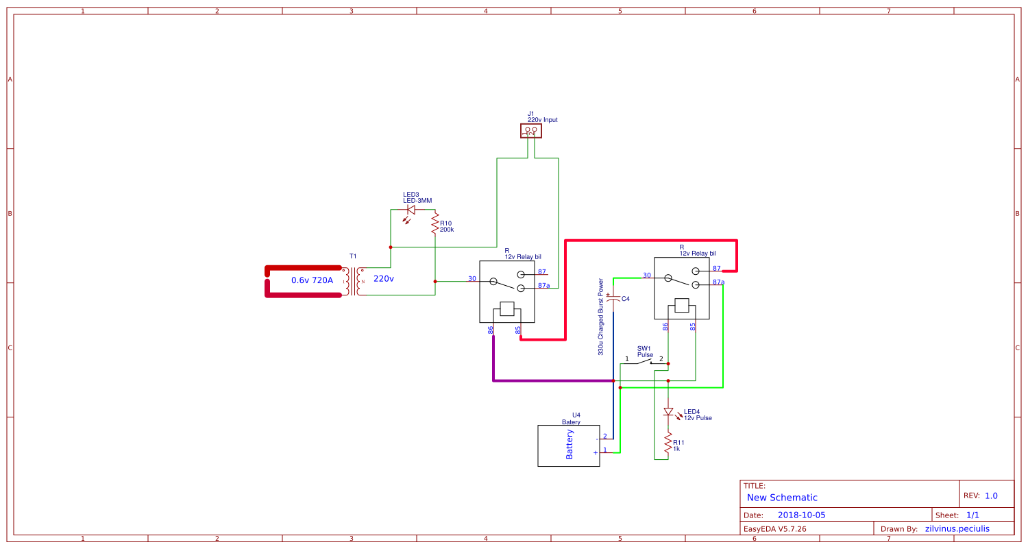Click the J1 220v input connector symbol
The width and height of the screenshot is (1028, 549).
coord(530,130)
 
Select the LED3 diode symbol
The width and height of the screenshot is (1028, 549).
coord(411,210)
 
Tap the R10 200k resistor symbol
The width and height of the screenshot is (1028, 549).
coord(435,223)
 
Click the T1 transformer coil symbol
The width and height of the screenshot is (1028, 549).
coord(353,282)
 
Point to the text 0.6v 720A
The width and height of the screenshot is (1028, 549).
coord(312,280)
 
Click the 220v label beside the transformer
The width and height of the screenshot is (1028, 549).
coord(384,279)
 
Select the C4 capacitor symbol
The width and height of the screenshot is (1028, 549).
coord(613,298)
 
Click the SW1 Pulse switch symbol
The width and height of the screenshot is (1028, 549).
coord(644,361)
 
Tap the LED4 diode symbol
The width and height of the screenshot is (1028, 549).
coord(668,412)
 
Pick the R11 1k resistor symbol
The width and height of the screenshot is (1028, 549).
coord(668,444)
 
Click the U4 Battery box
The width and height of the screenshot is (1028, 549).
coord(568,446)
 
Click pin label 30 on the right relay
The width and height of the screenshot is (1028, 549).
coord(646,276)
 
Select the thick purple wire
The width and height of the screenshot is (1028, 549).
coord(548,380)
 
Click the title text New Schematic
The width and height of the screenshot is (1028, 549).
coord(782,498)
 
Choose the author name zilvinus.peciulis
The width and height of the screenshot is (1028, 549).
coord(957,528)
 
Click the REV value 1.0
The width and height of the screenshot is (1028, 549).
coord(991,496)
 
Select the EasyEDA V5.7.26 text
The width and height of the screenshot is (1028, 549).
coord(774,528)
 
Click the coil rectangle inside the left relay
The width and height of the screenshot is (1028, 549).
coord(507,309)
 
